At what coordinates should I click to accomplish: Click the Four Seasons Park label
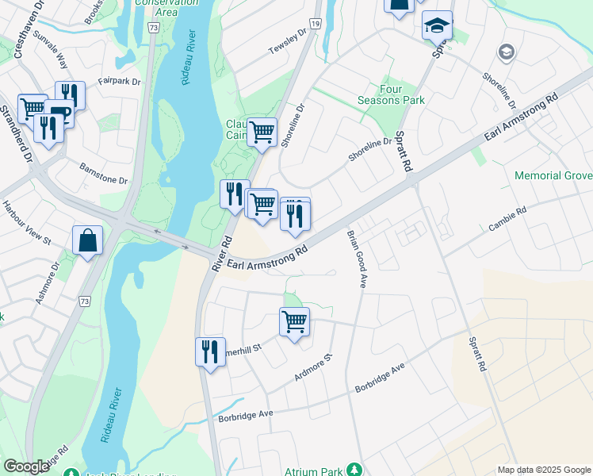point(402,94)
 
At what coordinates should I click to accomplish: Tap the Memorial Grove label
point(553,175)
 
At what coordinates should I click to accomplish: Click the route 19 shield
point(315,26)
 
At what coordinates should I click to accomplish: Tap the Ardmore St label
point(312,367)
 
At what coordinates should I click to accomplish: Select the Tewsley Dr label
point(287,43)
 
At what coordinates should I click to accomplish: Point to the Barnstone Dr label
point(103,174)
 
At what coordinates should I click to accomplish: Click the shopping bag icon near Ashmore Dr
point(87,240)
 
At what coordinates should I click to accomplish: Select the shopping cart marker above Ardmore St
point(294,322)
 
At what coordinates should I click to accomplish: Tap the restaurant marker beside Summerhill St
point(210,351)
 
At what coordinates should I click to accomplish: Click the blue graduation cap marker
point(437,25)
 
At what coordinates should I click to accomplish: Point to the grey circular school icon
point(506,52)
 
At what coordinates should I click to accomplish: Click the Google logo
point(27,466)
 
